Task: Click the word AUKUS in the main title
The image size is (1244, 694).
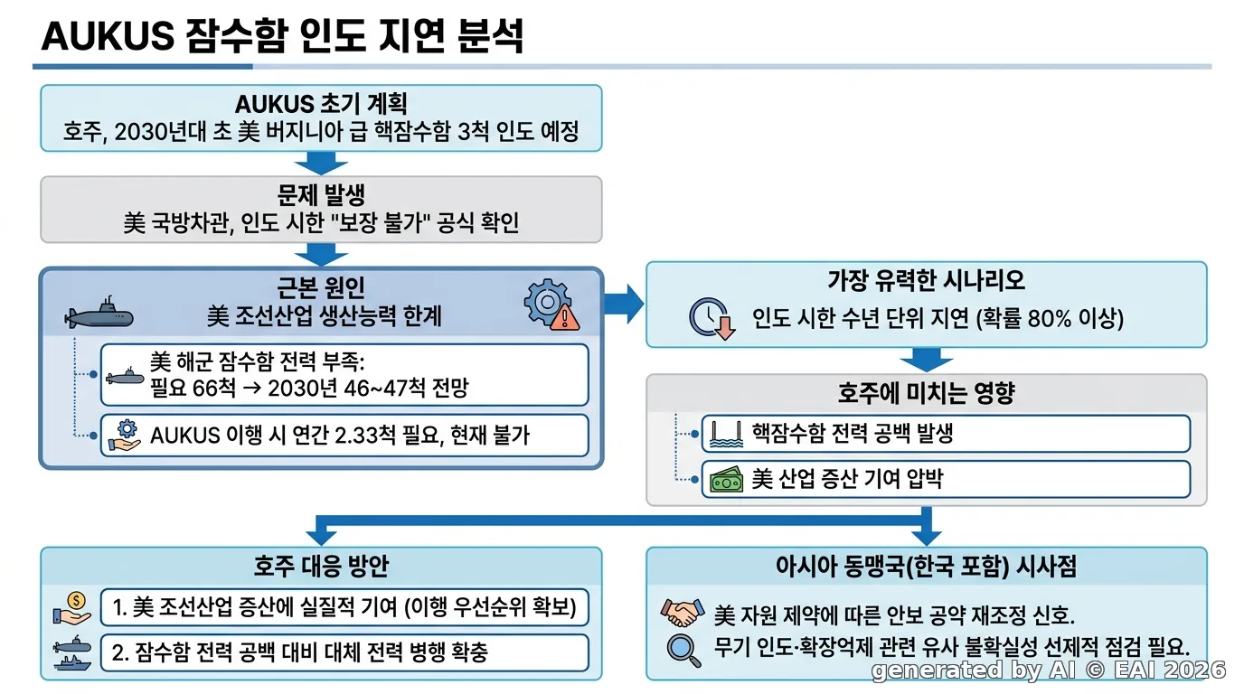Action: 108,37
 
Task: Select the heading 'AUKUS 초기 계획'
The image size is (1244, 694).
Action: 321,104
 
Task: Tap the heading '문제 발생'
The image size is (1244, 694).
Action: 321,195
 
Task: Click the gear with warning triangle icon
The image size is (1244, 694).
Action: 551,305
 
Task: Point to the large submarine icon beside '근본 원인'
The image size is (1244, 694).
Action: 99,314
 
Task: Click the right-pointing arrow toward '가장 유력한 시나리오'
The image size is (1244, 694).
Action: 624,304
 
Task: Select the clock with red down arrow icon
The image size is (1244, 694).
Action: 712,319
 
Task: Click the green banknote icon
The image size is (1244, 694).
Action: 726,480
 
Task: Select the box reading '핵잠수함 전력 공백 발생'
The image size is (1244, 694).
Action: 946,433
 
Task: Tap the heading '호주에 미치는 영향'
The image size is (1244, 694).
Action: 927,393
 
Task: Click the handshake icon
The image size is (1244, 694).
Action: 683,613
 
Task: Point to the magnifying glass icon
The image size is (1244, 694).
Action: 684,650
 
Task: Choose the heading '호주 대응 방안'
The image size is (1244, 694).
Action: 321,566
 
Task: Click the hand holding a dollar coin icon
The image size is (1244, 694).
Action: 72,608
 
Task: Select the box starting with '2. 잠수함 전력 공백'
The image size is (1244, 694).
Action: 344,652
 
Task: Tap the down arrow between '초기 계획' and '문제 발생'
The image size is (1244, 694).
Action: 321,164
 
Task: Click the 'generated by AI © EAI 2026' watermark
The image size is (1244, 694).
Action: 1049,671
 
